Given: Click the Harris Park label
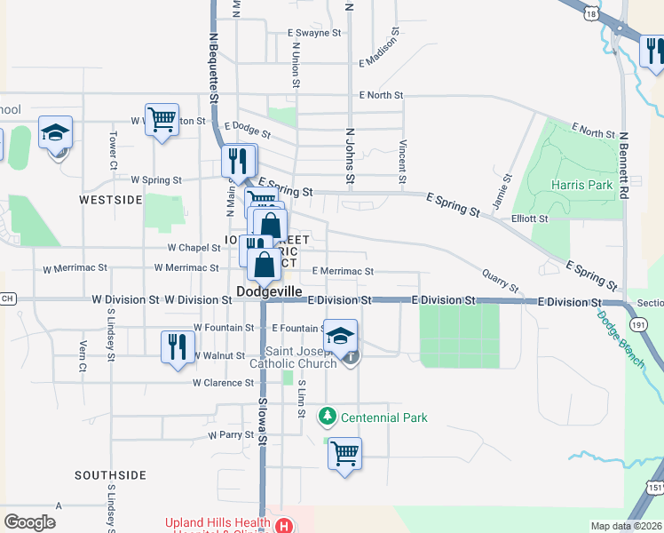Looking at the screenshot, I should click(581, 185).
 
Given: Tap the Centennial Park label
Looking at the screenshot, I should click(384, 418).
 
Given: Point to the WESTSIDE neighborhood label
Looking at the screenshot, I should click(111, 200).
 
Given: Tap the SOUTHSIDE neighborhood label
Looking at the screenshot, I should click(110, 475).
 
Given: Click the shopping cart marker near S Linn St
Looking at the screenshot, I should click(344, 454).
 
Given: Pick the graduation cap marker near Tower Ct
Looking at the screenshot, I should click(56, 133).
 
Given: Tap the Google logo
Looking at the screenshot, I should click(29, 522).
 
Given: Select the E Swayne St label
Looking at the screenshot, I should click(314, 33).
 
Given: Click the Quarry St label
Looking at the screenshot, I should click(501, 281).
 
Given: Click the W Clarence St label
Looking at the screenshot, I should click(224, 383).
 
